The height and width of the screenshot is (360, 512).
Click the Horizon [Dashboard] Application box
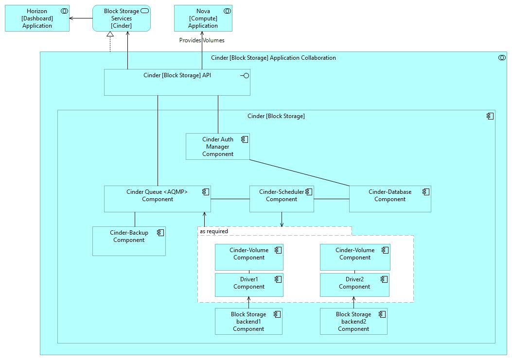coord(37,18)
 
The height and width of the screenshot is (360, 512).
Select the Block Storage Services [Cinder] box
coord(121,18)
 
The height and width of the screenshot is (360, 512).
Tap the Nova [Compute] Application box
coord(203,18)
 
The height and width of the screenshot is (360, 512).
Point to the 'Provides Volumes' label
coord(202,40)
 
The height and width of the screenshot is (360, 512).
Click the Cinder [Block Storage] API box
coord(177,82)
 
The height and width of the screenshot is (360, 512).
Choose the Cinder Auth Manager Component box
coord(217,147)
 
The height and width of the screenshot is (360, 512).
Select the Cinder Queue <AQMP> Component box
coord(157,199)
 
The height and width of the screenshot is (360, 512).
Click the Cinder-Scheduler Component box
coord(282,199)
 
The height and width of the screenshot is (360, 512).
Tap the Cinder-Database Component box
coord(389,199)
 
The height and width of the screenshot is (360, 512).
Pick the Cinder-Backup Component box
coord(129,241)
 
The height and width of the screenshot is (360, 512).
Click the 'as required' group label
coord(214,231)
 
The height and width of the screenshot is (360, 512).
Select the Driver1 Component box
coord(249,285)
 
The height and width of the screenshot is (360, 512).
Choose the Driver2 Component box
coord(354,285)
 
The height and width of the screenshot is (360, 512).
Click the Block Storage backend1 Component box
coord(248,322)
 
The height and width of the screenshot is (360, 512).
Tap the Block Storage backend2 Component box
coord(353,322)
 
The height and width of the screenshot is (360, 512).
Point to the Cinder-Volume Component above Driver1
coord(249,257)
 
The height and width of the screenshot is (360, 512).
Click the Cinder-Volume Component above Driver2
coord(355,257)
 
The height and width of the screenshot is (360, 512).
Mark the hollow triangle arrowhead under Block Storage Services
coord(110,34)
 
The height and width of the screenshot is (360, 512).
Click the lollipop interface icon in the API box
coord(245,75)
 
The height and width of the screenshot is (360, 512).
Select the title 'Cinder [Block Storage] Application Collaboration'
coord(273,58)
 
